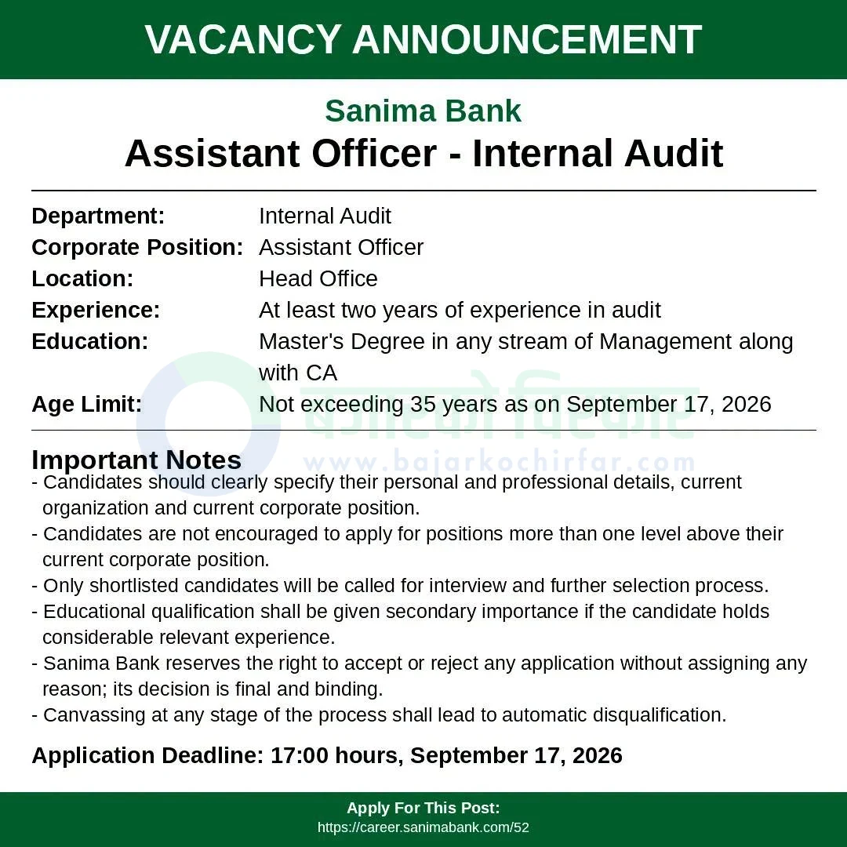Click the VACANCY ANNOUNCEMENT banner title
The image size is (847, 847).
[423, 39]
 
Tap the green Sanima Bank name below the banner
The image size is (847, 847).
[423, 111]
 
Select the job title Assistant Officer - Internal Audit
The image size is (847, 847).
[423, 154]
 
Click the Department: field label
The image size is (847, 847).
[98, 216]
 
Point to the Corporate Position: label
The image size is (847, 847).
[138, 247]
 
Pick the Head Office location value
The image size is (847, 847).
[318, 278]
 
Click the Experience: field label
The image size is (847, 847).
[96, 311]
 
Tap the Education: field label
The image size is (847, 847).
[90, 341]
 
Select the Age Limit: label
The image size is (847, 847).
[87, 405]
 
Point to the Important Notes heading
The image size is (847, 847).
[136, 460]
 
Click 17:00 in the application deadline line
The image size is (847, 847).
[300, 756]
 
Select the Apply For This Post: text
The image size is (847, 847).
[423, 808]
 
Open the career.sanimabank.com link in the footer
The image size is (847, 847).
[423, 827]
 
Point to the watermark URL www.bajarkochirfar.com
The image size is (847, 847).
[500, 463]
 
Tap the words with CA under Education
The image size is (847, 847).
[298, 373]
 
